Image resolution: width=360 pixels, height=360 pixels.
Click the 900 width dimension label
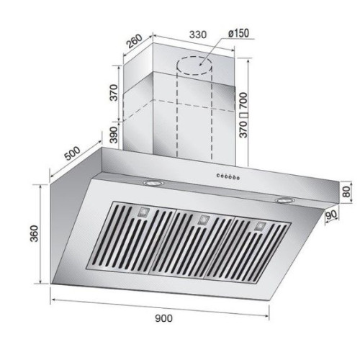163,318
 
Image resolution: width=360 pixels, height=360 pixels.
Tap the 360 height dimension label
34,233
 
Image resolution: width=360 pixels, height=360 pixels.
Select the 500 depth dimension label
73,153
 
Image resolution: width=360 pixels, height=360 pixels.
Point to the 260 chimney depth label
135,41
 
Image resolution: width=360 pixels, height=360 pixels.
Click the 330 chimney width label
198,35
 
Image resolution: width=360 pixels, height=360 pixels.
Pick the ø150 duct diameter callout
238,33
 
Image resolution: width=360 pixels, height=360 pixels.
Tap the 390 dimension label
114,135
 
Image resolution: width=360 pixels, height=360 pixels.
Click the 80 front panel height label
346,192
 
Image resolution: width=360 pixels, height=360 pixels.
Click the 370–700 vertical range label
243,115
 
